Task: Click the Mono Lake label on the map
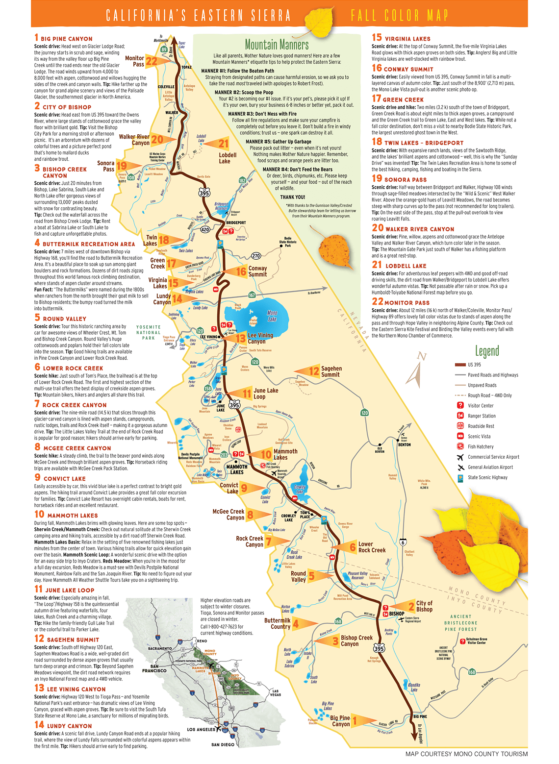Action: [272, 316]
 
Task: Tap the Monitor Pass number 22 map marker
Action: [152, 61]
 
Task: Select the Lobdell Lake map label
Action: [227, 158]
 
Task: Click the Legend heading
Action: [486, 351]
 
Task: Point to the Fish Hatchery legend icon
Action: [460, 446]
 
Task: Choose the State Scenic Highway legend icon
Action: [460, 477]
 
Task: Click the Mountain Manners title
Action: [277, 45]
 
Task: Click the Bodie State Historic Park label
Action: [288, 242]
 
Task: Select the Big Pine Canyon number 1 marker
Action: [355, 720]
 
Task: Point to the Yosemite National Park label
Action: [148, 332]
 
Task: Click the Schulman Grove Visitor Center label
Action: [476, 641]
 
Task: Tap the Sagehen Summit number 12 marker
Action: [314, 371]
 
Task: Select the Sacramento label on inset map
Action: [160, 648]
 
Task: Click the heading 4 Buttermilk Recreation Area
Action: [84, 244]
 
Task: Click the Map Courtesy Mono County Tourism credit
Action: [466, 754]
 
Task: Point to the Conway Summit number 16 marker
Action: [241, 271]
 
